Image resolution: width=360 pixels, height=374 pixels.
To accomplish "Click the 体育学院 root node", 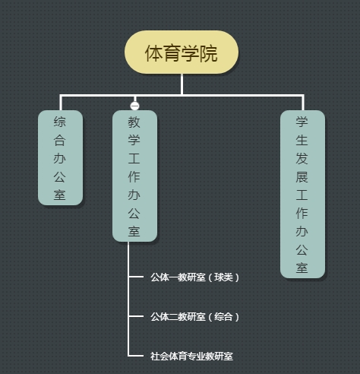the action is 182,52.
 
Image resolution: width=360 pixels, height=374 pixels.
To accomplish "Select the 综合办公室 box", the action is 60,157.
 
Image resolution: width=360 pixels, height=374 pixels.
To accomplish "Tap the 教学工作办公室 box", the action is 134,176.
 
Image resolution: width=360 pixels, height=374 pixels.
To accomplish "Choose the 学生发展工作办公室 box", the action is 302,194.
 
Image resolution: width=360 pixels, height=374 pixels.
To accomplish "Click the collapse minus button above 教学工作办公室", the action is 134,106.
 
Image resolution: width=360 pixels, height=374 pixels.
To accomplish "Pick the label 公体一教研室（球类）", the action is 194,277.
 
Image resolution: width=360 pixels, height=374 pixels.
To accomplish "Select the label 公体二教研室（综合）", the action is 194,317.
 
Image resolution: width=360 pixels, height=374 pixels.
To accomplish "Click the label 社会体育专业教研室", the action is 191,357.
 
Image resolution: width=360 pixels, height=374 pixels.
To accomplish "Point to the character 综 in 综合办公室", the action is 60,122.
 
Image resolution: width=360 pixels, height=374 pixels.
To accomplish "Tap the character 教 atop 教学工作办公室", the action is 134,122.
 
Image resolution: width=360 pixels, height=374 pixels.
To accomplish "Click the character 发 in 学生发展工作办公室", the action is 302,158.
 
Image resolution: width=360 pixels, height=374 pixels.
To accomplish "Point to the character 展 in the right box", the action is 302,176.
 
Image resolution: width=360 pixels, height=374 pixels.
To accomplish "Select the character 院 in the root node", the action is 208,53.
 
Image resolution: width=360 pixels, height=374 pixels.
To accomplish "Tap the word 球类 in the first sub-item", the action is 223,277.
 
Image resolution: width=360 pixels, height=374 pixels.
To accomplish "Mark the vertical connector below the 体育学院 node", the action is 182,84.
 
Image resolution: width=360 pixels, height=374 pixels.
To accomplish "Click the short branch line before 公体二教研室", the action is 136,316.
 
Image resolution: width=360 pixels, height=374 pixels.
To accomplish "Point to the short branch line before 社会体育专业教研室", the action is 136,356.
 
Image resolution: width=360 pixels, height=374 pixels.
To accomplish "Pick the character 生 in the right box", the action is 302,140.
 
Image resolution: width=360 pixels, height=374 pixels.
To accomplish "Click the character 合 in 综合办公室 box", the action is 60,140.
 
